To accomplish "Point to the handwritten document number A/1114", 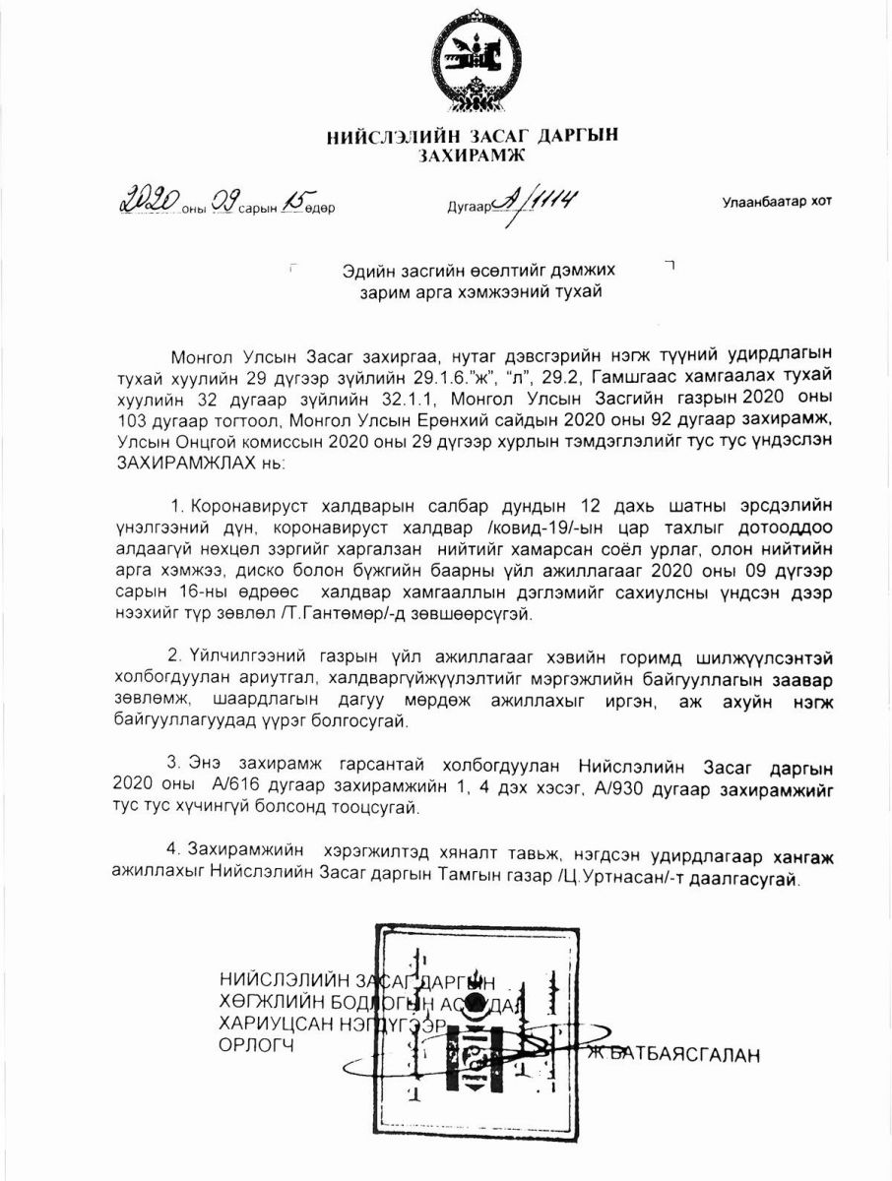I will pyautogui.click(x=536, y=202).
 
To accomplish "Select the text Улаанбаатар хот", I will pyautogui.click(x=776, y=202).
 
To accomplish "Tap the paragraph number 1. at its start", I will pyautogui.click(x=178, y=506).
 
